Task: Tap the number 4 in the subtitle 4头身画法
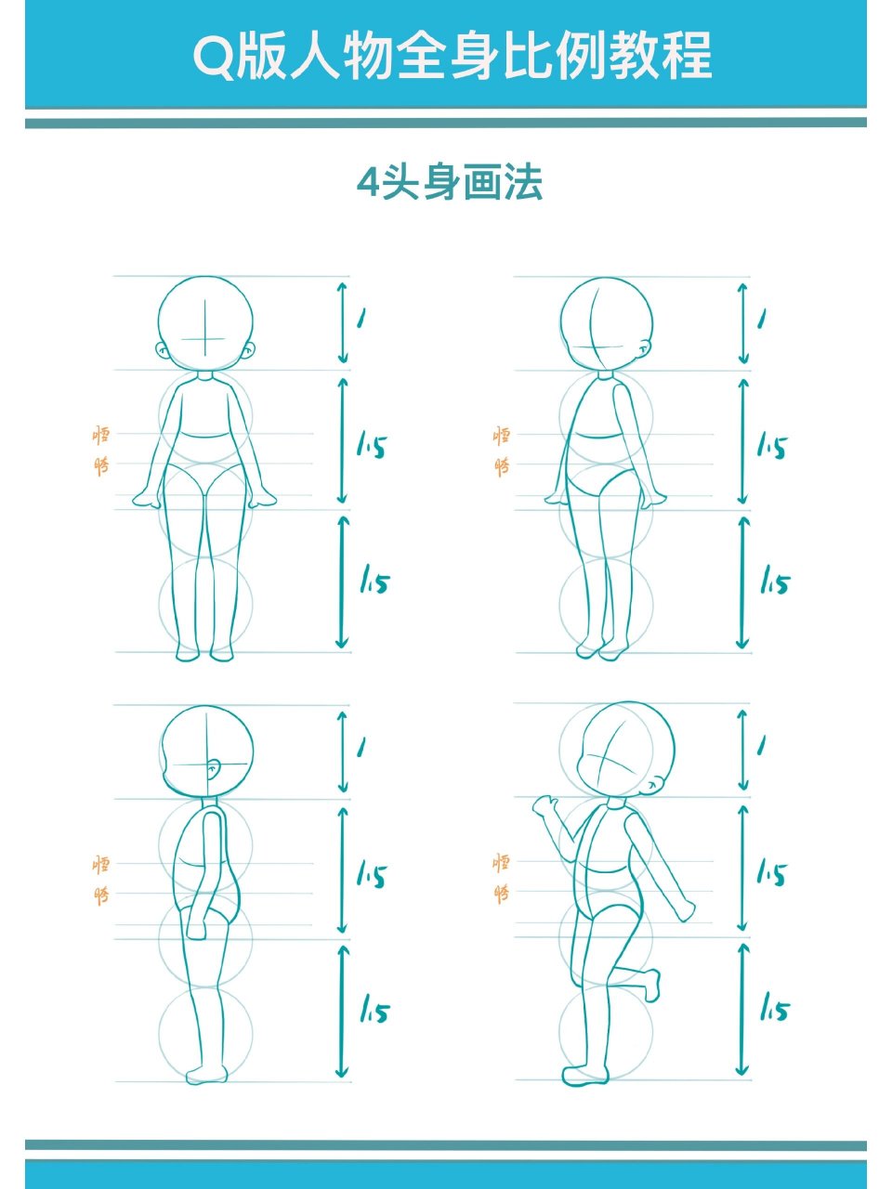pyautogui.click(x=370, y=183)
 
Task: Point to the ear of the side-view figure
pyautogui.click(x=214, y=770)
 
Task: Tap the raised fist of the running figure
pyautogui.click(x=544, y=804)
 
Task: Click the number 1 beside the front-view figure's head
pyautogui.click(x=361, y=319)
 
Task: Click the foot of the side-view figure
pyautogui.click(x=205, y=1075)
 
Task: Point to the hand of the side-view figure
pyautogui.click(x=196, y=926)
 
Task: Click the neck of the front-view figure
pyautogui.click(x=205, y=377)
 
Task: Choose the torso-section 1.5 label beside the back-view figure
pyautogui.click(x=772, y=447)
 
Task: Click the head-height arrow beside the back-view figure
pyautogui.click(x=742, y=322)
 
